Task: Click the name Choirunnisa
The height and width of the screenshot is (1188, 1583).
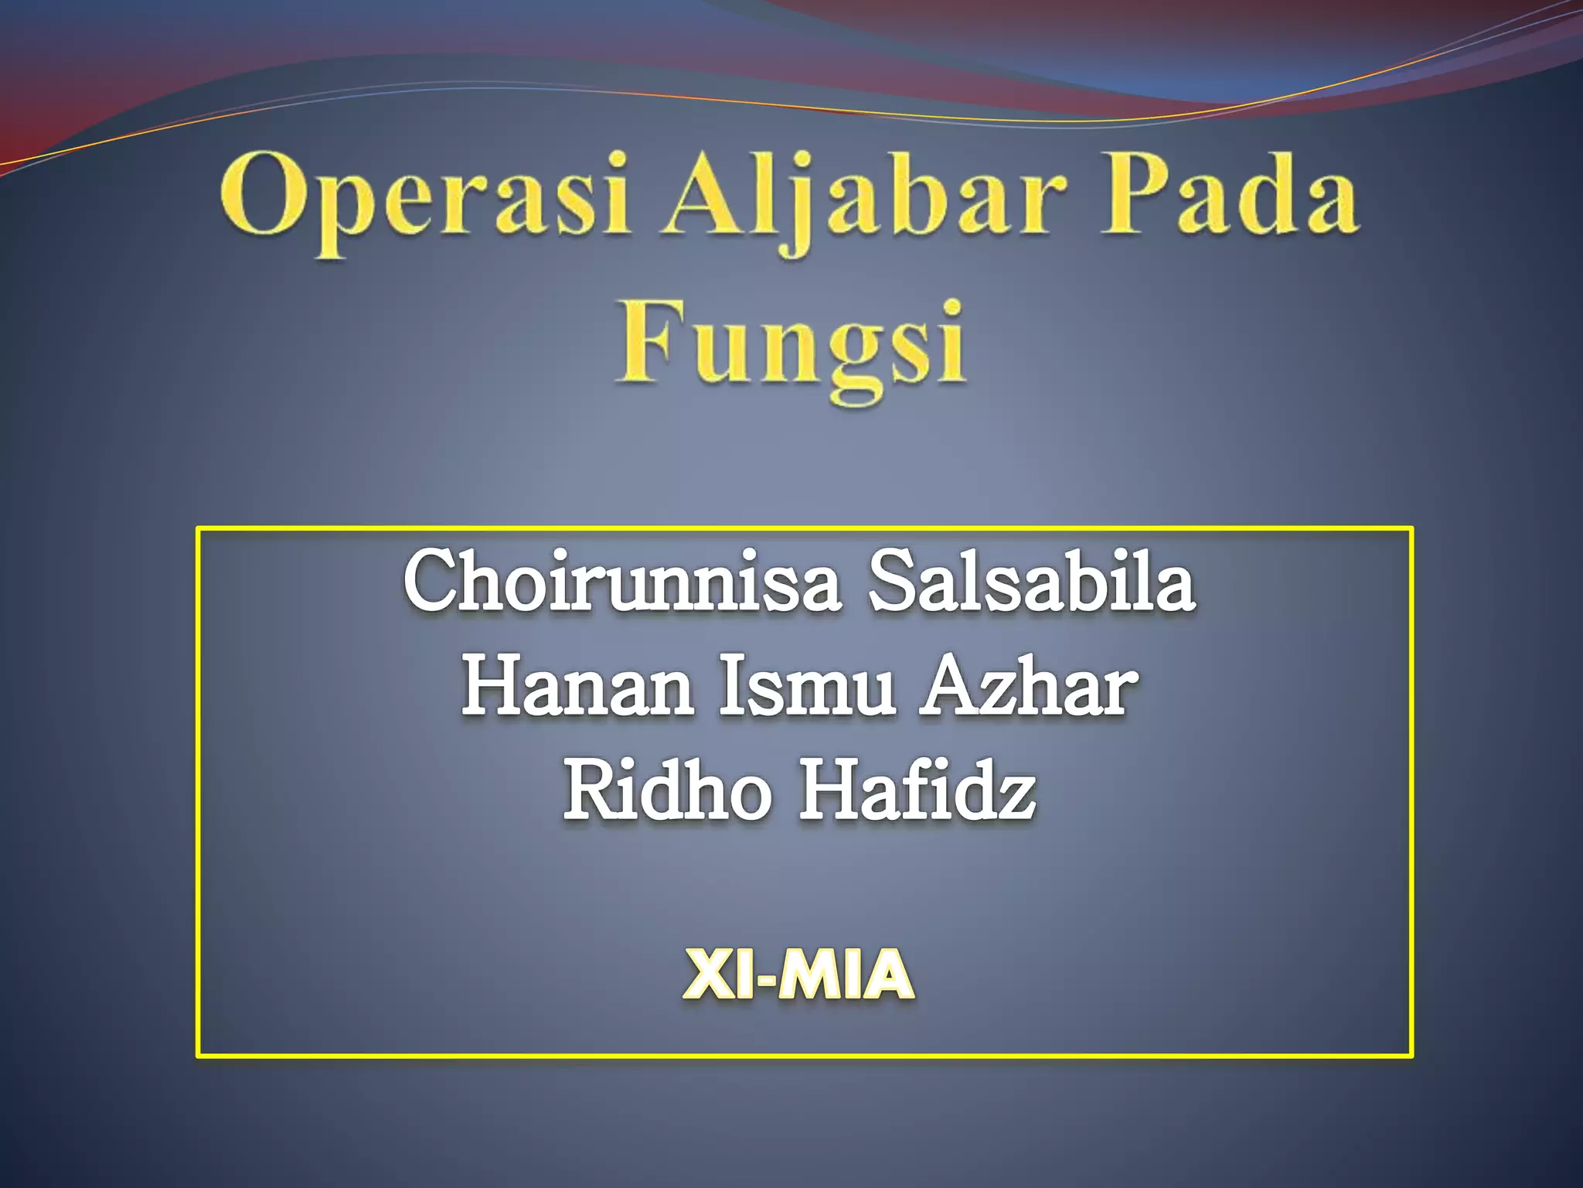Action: coord(621,580)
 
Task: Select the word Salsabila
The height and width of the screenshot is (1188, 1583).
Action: coord(1032,580)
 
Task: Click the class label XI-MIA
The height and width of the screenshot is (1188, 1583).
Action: coord(799,975)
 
